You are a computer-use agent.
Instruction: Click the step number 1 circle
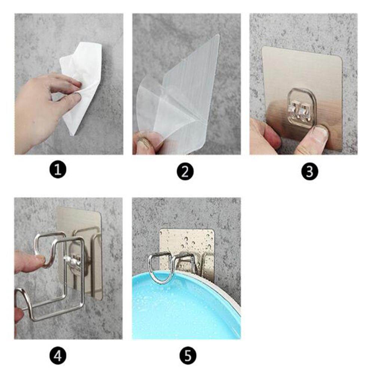point(58,169)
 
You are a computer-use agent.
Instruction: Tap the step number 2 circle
point(186,171)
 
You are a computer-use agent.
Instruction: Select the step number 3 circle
point(310,171)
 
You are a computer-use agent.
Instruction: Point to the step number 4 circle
point(58,356)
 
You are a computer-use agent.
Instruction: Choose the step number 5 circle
point(188,356)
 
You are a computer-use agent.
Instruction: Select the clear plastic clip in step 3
point(302,108)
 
